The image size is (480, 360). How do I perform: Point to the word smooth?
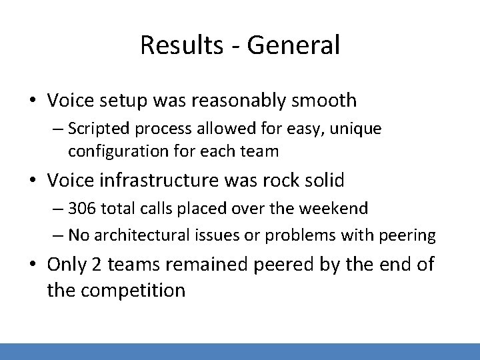(x=324, y=101)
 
